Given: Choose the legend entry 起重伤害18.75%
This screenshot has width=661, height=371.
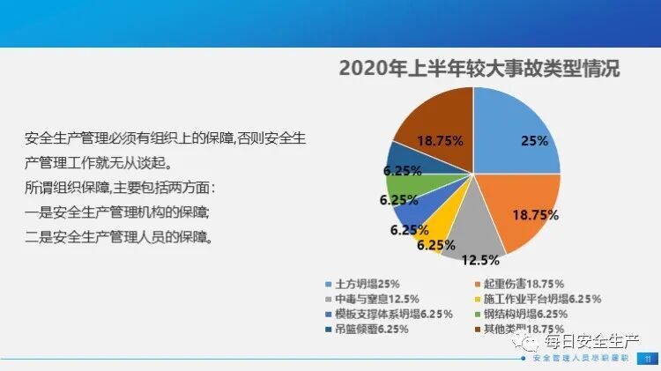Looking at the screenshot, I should click(x=515, y=284).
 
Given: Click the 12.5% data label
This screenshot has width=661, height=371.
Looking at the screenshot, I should click(x=481, y=260).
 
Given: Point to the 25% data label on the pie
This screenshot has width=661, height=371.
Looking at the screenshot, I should click(x=534, y=140).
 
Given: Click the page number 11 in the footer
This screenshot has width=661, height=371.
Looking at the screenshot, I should click(x=647, y=358).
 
